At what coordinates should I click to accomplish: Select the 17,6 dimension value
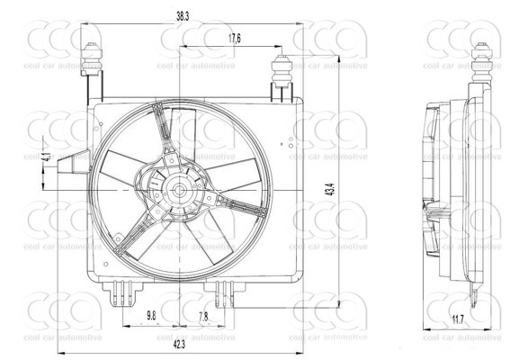(234, 38)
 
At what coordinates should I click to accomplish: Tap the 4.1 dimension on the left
(46, 157)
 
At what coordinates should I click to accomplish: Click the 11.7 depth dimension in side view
(458, 318)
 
